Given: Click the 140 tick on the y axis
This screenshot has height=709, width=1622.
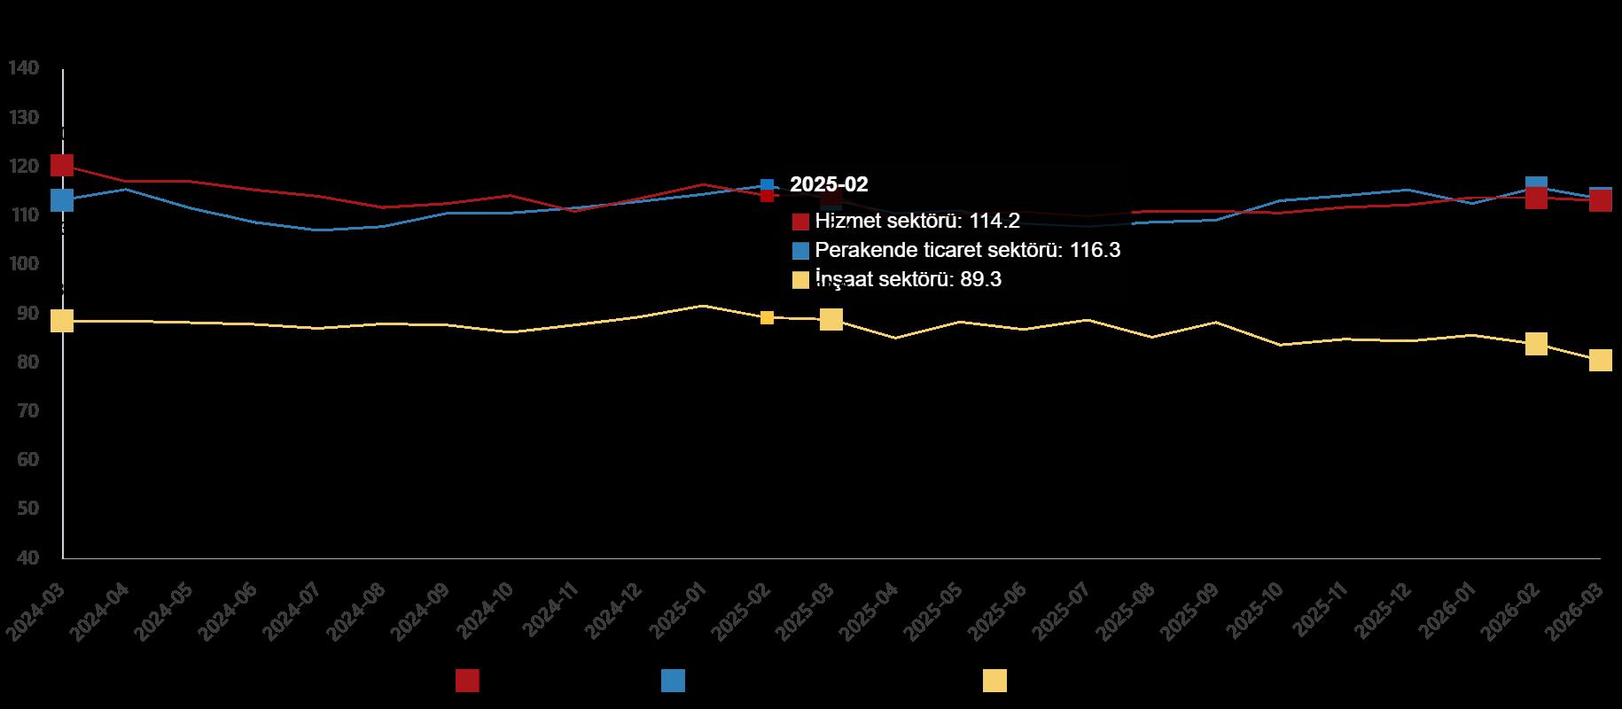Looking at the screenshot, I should pyautogui.click(x=23, y=68).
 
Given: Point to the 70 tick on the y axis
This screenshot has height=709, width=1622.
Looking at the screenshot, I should pyautogui.click(x=27, y=411).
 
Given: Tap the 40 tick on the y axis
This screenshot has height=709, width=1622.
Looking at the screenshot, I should pyautogui.click(x=27, y=557).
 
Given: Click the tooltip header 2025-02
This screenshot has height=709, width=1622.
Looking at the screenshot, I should pyautogui.click(x=829, y=184).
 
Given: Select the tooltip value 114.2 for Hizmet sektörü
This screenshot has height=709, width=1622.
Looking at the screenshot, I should pyautogui.click(x=994, y=222).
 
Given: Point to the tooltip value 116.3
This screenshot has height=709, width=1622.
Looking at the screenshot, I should pyautogui.click(x=1095, y=251).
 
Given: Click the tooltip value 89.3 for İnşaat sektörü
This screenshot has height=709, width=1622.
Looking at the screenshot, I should pyautogui.click(x=980, y=280).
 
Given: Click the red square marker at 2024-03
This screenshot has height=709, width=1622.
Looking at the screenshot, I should pyautogui.click(x=62, y=165).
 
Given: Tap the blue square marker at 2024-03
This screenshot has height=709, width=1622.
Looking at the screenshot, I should pyautogui.click(x=62, y=200).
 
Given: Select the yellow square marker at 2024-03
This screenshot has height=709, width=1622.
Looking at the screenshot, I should pyautogui.click(x=62, y=320).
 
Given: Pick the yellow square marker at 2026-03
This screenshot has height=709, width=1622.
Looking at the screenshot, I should pyautogui.click(x=1600, y=359).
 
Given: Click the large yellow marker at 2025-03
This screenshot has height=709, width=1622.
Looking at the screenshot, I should pyautogui.click(x=831, y=319).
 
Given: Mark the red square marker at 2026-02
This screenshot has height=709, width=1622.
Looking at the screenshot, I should pyautogui.click(x=1536, y=198).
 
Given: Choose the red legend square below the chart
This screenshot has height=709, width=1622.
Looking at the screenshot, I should pyautogui.click(x=467, y=681).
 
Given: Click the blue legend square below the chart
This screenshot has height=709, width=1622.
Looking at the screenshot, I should pyautogui.click(x=673, y=681).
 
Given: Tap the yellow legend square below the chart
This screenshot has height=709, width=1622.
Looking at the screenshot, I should pyautogui.click(x=994, y=681).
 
